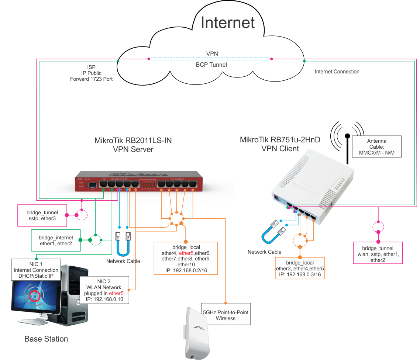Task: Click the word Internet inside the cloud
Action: point(228,22)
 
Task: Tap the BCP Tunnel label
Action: point(211,65)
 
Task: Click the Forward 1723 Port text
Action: point(92,79)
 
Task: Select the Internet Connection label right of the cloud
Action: point(337,72)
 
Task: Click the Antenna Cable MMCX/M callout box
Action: point(376,147)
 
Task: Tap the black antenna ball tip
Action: point(347,136)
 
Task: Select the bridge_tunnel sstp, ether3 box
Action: point(42,215)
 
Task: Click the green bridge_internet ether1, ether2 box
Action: point(56,240)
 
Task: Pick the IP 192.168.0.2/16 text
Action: point(186,270)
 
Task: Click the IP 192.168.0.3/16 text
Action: point(300,275)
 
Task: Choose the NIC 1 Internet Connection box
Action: point(36,270)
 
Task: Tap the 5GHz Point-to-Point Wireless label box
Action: point(226,315)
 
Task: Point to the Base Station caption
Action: point(46,339)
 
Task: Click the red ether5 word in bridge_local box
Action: point(186,253)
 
